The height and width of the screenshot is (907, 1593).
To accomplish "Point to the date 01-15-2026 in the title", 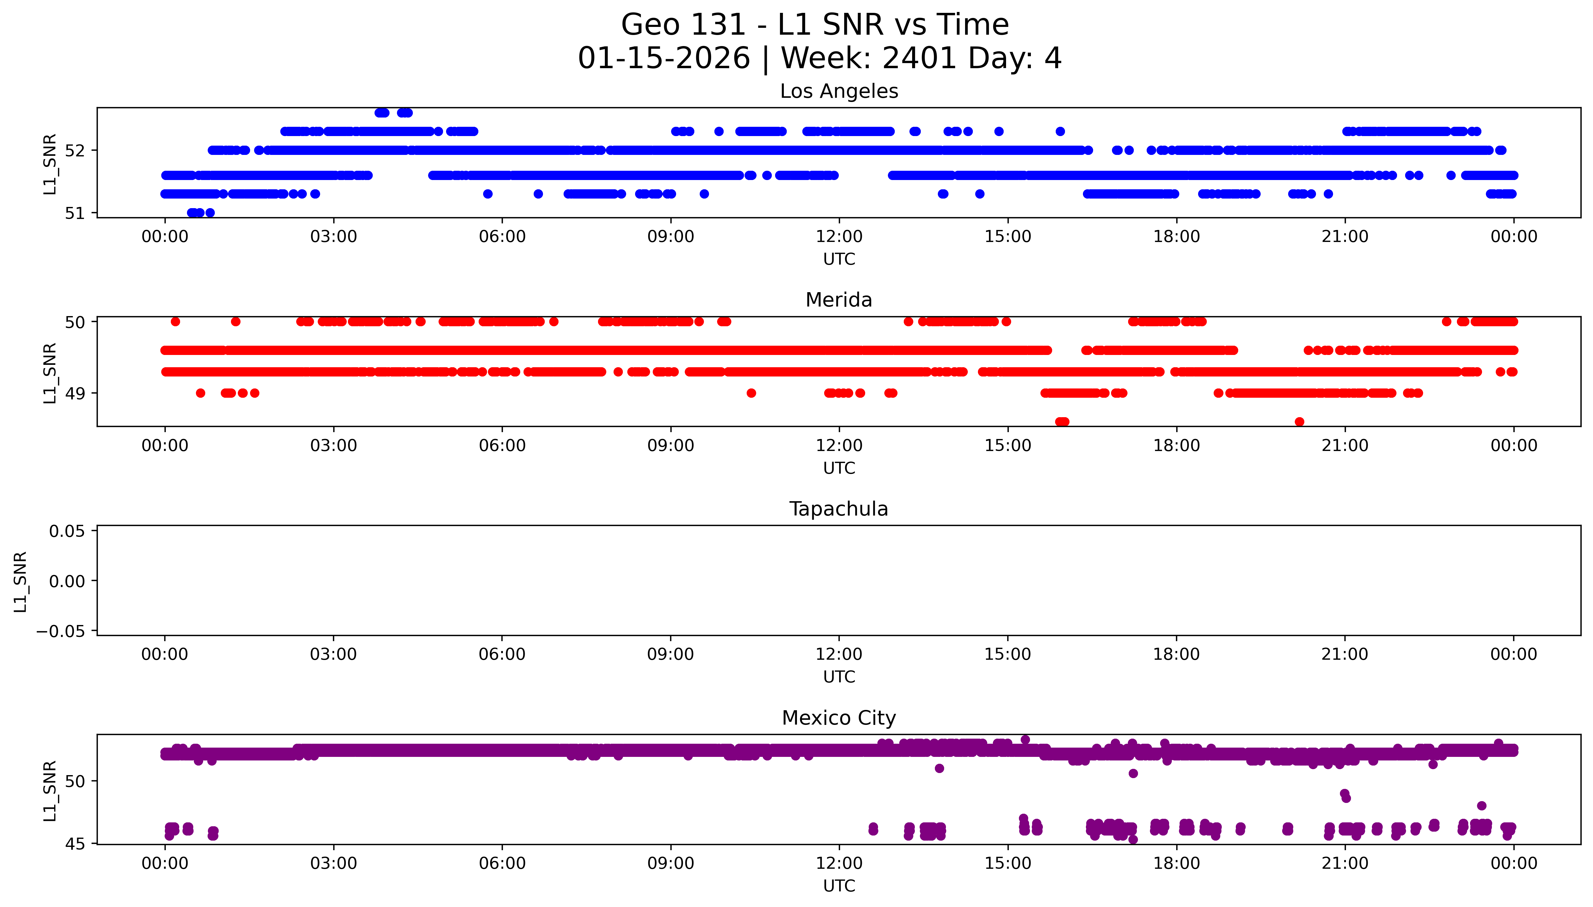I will click(x=664, y=59).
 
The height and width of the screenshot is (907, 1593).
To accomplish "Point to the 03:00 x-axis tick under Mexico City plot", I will click(x=333, y=863).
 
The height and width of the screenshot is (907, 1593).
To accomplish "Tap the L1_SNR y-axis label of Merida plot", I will click(x=50, y=373).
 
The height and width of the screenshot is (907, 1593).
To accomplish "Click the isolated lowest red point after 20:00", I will click(x=1299, y=422).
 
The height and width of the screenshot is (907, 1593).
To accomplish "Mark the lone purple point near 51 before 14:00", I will click(x=939, y=768).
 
